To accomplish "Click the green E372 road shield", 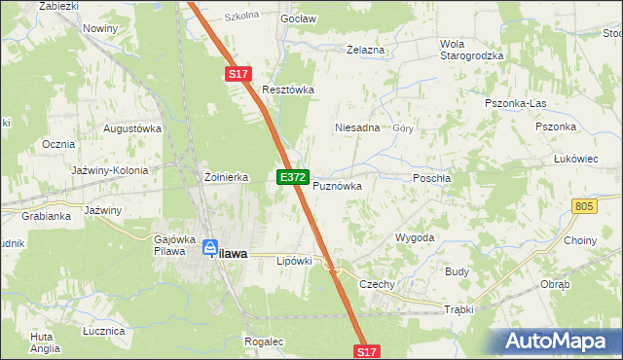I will (x=293, y=178).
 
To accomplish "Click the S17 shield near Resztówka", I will (x=239, y=74).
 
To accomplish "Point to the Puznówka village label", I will (x=337, y=186).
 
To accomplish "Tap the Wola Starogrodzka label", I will (x=471, y=50).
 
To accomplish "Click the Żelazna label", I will (x=366, y=50).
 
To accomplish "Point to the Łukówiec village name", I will (x=574, y=158).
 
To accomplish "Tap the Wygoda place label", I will (x=414, y=237).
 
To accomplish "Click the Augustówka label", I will (x=131, y=128).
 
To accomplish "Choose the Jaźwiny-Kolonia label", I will (x=110, y=170).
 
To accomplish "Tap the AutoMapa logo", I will (x=557, y=341).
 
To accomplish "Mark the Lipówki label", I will (x=294, y=261).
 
